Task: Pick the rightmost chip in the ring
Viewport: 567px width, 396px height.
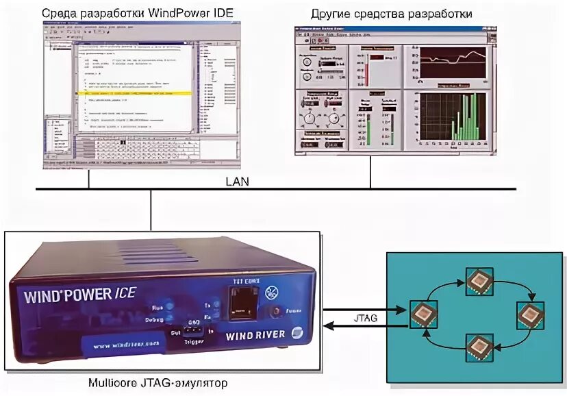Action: (x=529, y=314)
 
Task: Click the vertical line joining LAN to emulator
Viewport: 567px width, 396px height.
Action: (x=150, y=209)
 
